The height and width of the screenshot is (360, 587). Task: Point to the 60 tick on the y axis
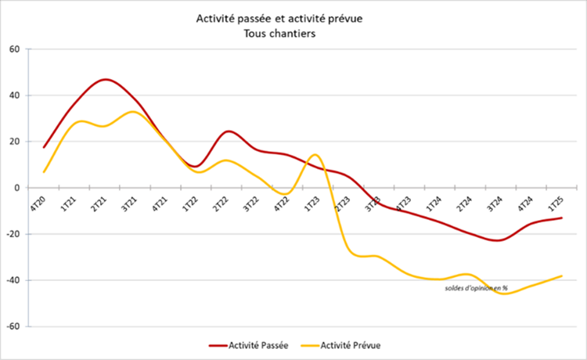pos(14,49)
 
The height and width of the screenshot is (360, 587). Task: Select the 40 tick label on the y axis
pos(14,95)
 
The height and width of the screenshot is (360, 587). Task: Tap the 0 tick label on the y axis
pos(16,188)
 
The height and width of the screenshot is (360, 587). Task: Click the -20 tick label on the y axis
pos(13,234)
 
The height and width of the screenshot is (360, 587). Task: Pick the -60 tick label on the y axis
pos(13,326)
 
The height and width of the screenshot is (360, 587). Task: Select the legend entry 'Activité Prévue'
pos(345,344)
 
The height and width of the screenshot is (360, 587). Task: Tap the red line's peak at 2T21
pos(105,79)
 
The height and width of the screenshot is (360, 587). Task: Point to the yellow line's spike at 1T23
pos(314,154)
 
